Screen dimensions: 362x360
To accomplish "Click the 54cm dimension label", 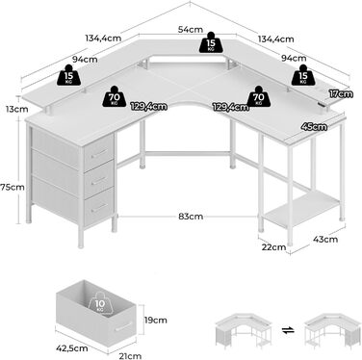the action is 191,30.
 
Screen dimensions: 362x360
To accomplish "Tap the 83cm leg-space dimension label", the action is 191,217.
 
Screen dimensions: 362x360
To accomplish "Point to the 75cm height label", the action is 13,187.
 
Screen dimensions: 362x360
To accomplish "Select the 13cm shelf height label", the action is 16,109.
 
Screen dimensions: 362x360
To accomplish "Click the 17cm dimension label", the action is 341,94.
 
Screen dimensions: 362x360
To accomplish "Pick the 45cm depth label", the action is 314,127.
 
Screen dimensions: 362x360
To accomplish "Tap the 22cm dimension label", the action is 273,247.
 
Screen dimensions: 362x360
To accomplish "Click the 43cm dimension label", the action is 325,239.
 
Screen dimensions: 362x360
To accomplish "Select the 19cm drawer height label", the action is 155,320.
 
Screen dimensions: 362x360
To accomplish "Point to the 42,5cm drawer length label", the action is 72,348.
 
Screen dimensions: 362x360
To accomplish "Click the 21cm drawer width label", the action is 130,356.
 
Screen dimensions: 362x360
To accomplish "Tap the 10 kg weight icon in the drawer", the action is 101,304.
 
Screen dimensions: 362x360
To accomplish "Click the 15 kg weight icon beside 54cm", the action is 211,42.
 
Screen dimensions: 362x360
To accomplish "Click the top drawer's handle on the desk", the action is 99,154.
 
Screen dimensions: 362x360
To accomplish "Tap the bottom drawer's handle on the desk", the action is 99,208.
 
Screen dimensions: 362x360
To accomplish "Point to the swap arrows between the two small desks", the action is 289,330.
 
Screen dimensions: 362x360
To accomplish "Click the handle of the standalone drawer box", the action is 124,326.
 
